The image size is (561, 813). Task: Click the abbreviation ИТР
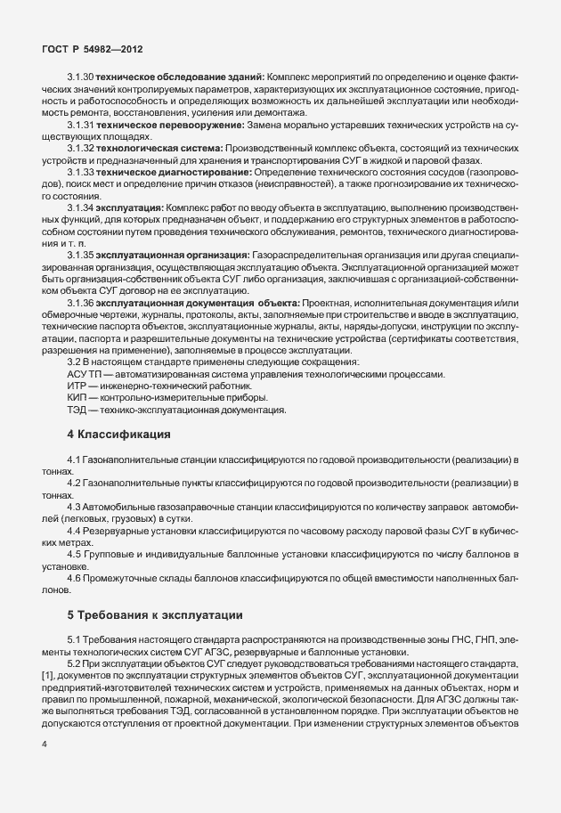[77, 386]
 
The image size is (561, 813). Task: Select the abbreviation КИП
[77, 398]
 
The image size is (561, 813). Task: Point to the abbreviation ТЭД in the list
[77, 410]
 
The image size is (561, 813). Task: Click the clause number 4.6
[75, 579]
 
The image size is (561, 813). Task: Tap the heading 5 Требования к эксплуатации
[154, 615]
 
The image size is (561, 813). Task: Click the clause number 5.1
[75, 640]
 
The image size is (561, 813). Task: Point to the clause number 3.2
[75, 362]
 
